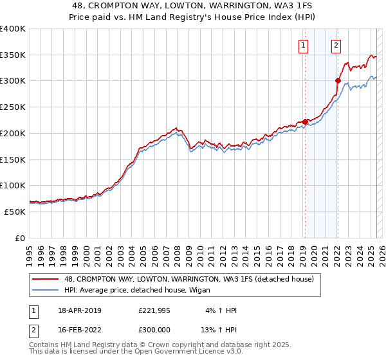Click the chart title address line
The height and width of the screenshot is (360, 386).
[x=193, y=5]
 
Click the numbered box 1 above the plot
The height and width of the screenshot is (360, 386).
[x=303, y=45]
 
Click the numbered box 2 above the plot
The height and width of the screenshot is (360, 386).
[x=336, y=45]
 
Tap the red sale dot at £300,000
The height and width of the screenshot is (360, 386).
[x=337, y=80]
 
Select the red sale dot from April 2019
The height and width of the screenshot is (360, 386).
[x=305, y=122]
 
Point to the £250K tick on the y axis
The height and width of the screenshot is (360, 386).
[x=13, y=107]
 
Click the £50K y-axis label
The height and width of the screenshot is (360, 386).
[x=14, y=212]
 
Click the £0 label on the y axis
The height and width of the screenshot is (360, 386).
[x=19, y=238]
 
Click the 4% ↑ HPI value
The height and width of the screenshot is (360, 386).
[x=220, y=310]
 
